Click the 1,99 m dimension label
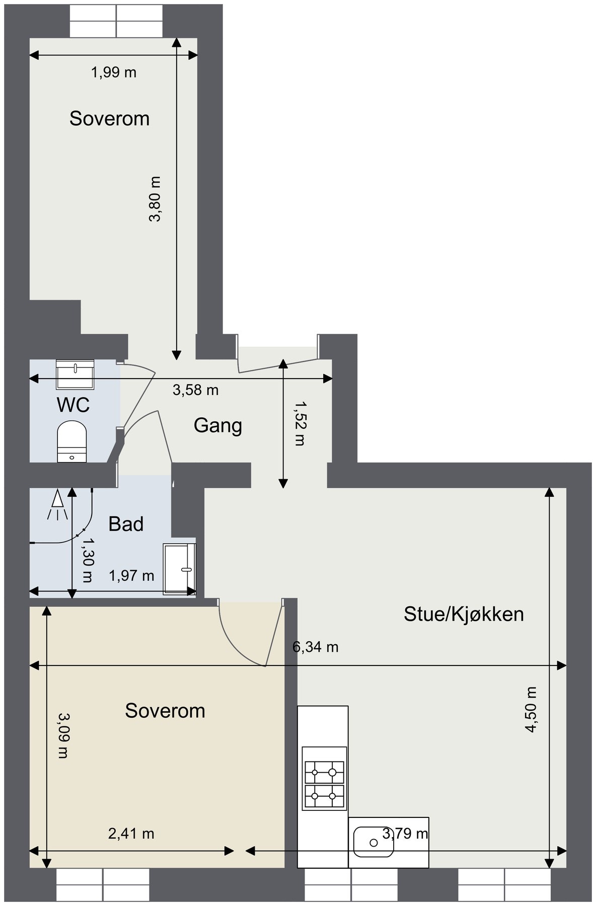point(113,72)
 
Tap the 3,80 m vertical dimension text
point(155,199)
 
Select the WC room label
point(73,405)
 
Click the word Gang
point(217,426)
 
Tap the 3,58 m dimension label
point(195,390)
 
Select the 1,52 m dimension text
point(300,423)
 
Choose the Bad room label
point(126,524)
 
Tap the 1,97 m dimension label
point(131,575)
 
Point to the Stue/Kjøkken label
point(464,614)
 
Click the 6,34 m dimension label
point(315,647)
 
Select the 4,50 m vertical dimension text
point(531,709)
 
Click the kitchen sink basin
point(373,842)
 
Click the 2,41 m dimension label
point(131,834)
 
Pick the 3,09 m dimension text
point(63,735)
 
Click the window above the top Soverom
point(116,21)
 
